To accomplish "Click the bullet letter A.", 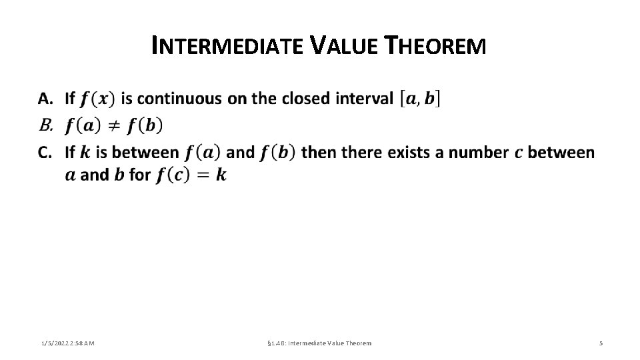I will click(x=45, y=99).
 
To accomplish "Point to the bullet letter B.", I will click(x=45, y=125).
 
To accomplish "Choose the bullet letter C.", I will click(x=45, y=153).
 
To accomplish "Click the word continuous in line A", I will click(x=180, y=99).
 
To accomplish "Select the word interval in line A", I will click(x=367, y=99).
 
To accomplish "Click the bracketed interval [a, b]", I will click(x=419, y=99).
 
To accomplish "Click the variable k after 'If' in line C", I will click(x=85, y=153).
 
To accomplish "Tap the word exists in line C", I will click(x=417, y=153).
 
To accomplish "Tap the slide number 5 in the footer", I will click(x=601, y=343).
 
